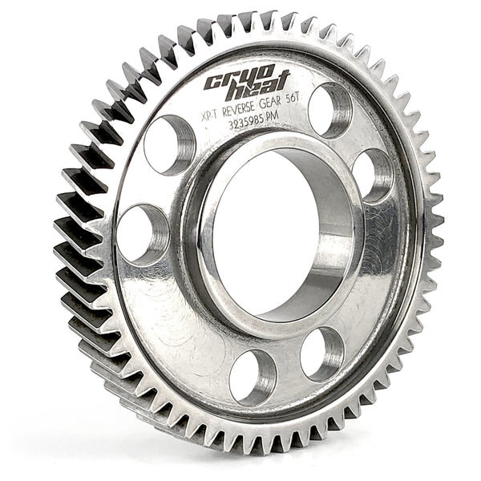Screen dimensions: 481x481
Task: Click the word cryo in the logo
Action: coord(239,77)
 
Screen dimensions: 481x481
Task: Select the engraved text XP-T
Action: coord(210,115)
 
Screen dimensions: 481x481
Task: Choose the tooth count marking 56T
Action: coord(293,100)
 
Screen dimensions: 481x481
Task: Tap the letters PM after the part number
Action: coord(273,116)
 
